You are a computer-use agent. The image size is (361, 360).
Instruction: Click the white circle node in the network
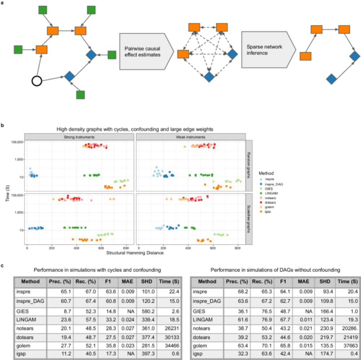coord(37,81)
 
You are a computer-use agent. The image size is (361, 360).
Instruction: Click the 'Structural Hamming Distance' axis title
coord(135,253)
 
